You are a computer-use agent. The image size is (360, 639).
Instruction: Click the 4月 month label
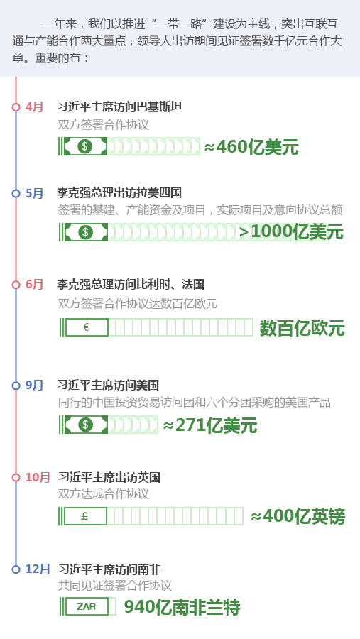[34, 107]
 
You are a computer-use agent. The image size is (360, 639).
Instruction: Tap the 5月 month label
[34, 193]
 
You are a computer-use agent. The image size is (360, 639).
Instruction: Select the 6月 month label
[34, 285]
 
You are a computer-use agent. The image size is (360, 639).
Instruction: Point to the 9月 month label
[34, 385]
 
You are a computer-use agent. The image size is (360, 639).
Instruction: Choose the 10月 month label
[38, 477]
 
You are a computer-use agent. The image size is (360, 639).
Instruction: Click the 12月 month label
[38, 569]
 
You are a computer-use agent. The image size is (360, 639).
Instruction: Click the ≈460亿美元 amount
[251, 147]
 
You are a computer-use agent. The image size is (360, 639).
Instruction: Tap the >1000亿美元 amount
[291, 232]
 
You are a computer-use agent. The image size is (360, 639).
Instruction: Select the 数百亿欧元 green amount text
[302, 328]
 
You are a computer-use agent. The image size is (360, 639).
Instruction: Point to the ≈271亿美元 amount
[210, 425]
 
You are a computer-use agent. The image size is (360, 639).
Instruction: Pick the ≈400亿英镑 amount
[298, 517]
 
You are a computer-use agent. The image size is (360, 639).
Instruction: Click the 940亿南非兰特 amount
[182, 607]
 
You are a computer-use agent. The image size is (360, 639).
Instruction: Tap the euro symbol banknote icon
[87, 327]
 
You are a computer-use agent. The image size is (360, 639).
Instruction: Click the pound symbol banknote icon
[86, 516]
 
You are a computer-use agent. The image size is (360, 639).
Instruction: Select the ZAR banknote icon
[87, 606]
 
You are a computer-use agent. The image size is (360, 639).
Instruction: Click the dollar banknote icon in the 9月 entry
[86, 425]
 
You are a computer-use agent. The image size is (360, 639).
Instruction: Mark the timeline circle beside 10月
[16, 477]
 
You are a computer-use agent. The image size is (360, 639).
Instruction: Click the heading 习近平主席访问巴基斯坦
[119, 107]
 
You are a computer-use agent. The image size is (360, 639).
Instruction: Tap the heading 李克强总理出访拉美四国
[119, 193]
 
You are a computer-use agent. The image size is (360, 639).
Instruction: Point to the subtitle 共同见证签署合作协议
[114, 586]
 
